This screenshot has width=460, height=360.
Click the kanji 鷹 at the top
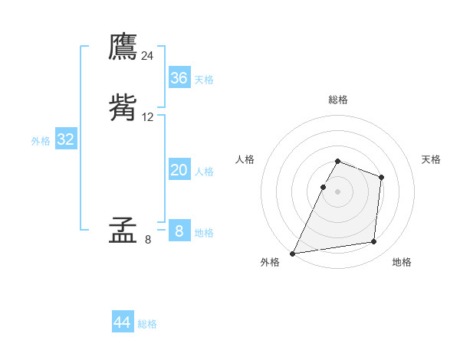click(x=123, y=47)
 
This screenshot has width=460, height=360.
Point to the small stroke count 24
click(x=148, y=56)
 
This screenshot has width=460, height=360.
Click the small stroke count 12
click(x=148, y=117)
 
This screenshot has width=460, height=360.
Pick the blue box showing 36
click(x=179, y=78)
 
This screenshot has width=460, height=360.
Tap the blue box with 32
click(x=65, y=139)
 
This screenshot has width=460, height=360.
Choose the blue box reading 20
click(x=179, y=170)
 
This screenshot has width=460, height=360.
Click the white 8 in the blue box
click(x=179, y=231)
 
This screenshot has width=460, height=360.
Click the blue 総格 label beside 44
click(x=147, y=324)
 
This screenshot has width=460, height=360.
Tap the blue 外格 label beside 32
click(x=41, y=141)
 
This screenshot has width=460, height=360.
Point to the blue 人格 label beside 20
click(x=204, y=172)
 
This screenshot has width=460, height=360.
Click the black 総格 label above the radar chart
click(x=338, y=100)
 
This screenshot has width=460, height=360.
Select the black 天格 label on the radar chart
click(x=431, y=159)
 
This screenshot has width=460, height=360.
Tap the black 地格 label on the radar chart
click(x=402, y=262)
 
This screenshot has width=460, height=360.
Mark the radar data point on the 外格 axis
click(x=293, y=254)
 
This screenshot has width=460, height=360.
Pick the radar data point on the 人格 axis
click(x=323, y=187)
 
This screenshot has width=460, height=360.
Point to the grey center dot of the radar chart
click(x=338, y=191)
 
